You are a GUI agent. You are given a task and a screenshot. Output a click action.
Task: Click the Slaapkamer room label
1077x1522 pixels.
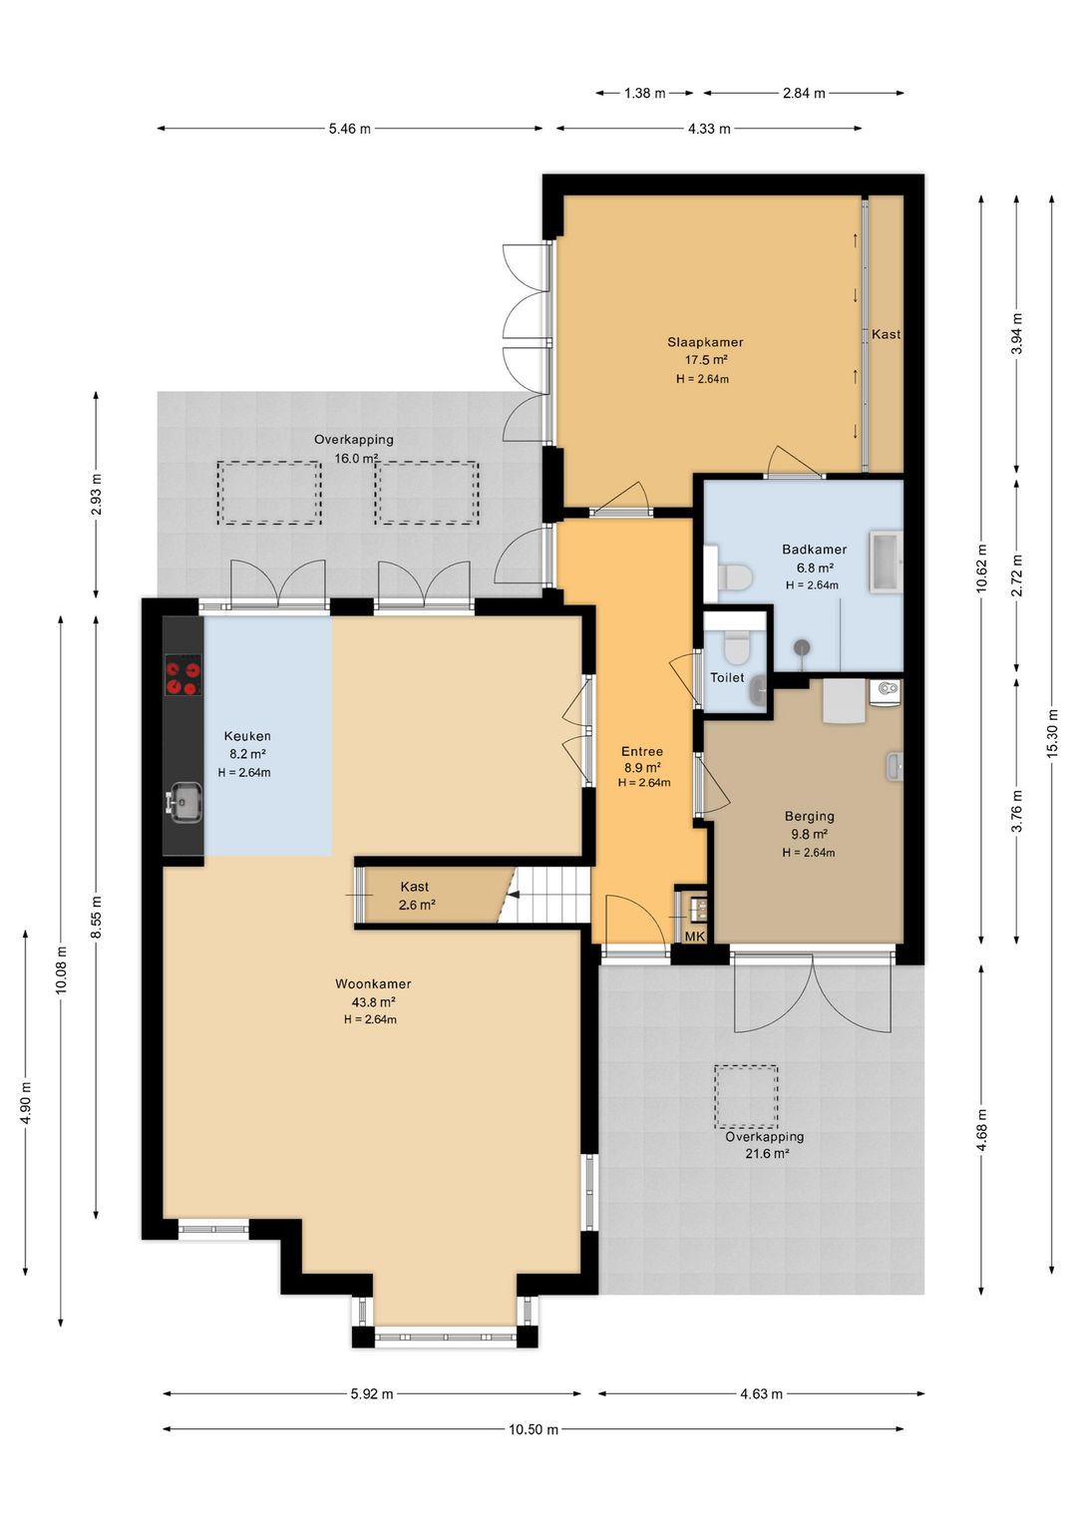point(705,342)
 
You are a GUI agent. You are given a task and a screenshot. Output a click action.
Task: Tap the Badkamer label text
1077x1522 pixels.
point(814,549)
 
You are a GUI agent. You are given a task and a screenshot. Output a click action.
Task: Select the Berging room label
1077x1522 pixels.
point(810,816)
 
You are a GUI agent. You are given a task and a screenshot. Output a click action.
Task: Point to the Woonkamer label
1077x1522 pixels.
point(373,983)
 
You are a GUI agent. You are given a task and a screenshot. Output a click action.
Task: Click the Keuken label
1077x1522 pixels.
point(247,736)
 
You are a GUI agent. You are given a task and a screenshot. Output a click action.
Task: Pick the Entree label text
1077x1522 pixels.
point(642,751)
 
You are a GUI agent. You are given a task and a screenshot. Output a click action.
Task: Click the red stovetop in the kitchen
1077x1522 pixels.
point(183,674)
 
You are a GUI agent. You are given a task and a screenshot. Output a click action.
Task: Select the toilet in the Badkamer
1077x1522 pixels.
point(734,577)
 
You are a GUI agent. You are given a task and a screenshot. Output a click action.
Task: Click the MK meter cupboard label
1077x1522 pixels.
point(694,937)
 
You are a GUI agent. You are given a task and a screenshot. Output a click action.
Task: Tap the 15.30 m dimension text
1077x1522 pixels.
point(1052,733)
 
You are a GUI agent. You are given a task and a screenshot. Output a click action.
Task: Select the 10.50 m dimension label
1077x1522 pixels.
point(534,1429)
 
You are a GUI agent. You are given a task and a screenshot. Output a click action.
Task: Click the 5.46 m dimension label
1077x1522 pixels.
point(350,129)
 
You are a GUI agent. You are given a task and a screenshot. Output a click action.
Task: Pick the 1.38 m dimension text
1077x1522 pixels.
point(645,93)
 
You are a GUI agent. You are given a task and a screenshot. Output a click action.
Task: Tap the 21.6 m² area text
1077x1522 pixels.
point(766,1153)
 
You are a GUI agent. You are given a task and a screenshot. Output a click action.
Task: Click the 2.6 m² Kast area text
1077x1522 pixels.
point(417,905)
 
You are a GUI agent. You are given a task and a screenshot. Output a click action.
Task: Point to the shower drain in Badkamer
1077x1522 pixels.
point(803,646)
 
